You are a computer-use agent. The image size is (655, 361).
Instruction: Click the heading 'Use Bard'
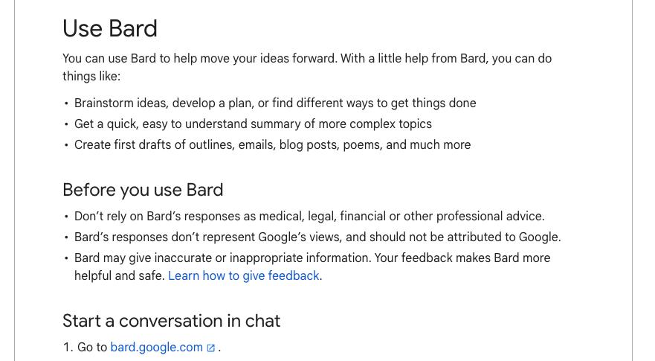coord(110,28)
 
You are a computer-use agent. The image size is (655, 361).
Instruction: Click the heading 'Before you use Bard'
coord(143,190)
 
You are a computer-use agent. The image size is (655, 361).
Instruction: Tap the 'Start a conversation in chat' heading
coord(171,321)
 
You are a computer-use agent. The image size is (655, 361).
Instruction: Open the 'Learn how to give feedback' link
coord(244,275)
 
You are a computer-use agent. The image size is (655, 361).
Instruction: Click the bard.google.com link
coord(157,347)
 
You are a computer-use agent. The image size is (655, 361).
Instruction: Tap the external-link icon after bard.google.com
coord(211,348)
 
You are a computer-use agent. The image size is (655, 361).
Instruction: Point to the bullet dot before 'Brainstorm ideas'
coord(66,103)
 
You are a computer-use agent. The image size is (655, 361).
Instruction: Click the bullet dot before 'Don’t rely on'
coord(66,217)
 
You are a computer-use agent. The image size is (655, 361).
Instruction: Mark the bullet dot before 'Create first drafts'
coord(66,144)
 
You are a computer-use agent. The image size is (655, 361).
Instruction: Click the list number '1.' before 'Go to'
coord(68,347)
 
